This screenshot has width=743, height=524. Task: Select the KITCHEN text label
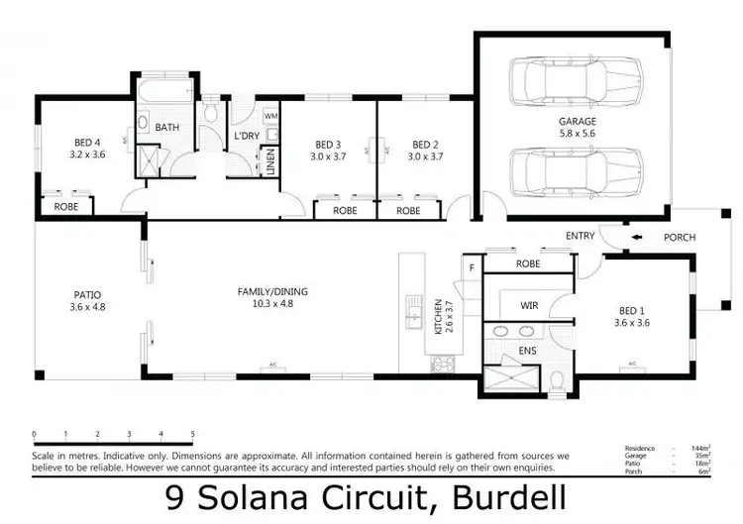(x=436, y=316)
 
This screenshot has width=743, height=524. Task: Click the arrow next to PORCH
(x=640, y=237)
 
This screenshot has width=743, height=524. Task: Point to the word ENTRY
(x=580, y=237)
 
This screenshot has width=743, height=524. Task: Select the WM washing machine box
(x=270, y=116)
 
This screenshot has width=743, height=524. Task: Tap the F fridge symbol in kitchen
(x=472, y=266)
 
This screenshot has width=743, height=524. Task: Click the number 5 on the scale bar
(x=192, y=434)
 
